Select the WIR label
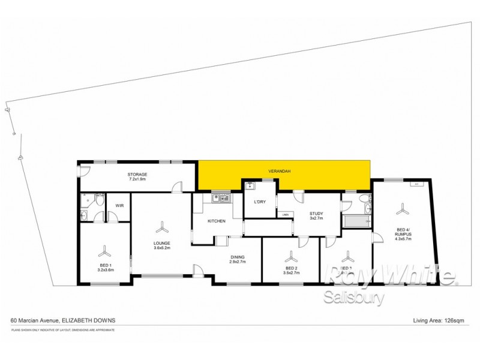pos(119,206)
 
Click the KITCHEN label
pos(216,221)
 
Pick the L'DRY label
pos(260,202)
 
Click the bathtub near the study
pos(355,223)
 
